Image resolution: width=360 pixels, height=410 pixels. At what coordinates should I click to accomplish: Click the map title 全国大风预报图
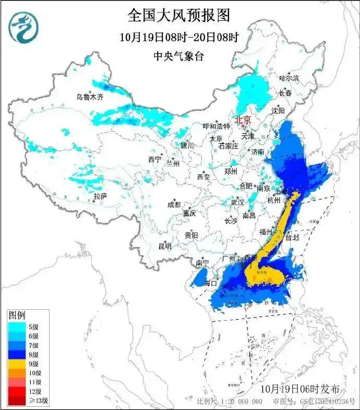point(178,15)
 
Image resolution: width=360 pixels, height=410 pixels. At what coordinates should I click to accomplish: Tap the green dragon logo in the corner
point(23,27)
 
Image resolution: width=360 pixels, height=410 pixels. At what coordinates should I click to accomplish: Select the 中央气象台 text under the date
point(178,56)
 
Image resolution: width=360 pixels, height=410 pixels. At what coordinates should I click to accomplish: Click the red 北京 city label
point(242,120)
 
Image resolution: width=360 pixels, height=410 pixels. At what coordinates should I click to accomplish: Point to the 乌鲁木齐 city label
point(90,97)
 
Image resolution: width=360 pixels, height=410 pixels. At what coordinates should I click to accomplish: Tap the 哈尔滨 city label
point(289,78)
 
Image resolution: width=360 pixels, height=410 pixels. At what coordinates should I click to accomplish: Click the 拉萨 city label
point(100,196)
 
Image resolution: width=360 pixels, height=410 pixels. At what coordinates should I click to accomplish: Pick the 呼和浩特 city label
point(217,126)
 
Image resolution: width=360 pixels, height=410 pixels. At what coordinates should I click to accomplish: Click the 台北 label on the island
point(292,237)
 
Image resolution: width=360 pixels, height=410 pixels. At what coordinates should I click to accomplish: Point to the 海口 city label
point(210,283)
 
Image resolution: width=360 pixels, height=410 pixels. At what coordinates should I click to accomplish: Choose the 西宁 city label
point(154,159)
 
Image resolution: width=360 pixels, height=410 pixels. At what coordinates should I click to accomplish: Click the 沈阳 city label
point(278,111)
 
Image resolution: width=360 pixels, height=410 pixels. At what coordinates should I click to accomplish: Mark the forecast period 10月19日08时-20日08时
point(178,38)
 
